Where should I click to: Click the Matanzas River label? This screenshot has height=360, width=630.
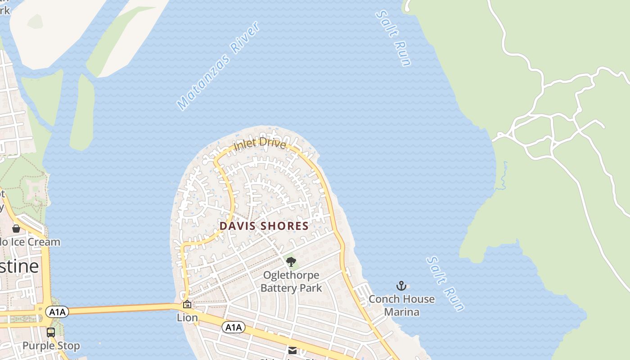pyautogui.click(x=219, y=66)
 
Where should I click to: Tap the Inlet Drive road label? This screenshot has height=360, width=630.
pyautogui.click(x=260, y=144)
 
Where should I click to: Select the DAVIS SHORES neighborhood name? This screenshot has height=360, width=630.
pyautogui.click(x=264, y=226)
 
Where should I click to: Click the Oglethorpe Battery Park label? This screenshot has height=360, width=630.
pyautogui.click(x=291, y=282)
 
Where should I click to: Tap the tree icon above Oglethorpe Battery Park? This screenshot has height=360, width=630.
pyautogui.click(x=291, y=261)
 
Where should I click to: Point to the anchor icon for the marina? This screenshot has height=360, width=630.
pyautogui.click(x=401, y=286)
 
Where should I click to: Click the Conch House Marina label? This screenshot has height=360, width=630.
pyautogui.click(x=401, y=306)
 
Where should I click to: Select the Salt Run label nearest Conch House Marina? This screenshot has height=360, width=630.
pyautogui.click(x=445, y=284)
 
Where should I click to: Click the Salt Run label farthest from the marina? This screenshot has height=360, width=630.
pyautogui.click(x=394, y=39)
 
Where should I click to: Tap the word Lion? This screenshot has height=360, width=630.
pyautogui.click(x=187, y=318)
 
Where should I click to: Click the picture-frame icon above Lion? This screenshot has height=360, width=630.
pyautogui.click(x=187, y=305)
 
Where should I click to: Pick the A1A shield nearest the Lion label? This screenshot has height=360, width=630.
pyautogui.click(x=233, y=327)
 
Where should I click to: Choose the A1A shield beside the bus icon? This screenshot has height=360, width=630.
pyautogui.click(x=58, y=312)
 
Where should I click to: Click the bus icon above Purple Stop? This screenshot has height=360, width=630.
pyautogui.click(x=51, y=333)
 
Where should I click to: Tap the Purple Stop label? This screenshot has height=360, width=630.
pyautogui.click(x=51, y=346)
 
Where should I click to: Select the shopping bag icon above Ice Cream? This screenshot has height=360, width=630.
pyautogui.click(x=16, y=229)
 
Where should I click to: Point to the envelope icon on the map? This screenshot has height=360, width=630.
pyautogui.click(x=292, y=350)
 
